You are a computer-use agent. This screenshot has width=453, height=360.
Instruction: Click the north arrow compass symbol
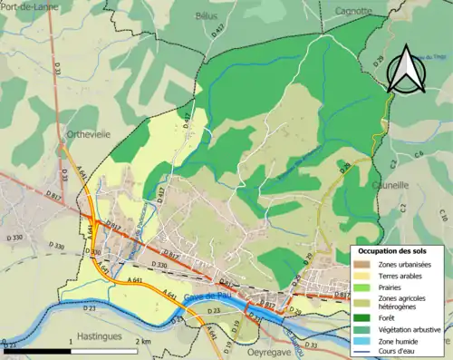(x=402, y=70)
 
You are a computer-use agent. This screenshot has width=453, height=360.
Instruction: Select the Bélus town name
(x=207, y=15)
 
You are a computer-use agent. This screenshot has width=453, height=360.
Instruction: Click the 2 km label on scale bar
(x=143, y=341)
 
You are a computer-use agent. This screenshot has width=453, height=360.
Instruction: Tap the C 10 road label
(x=443, y=215)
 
